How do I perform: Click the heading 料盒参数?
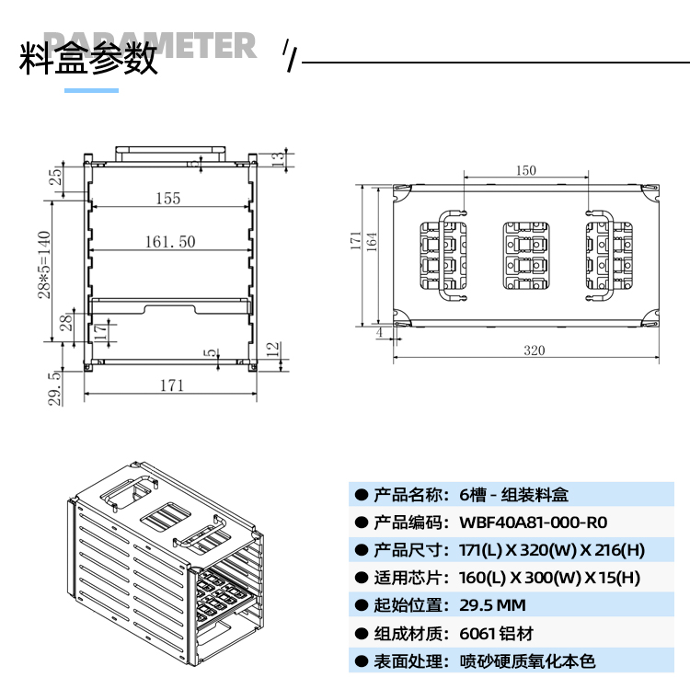(89, 59)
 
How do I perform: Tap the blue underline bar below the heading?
(91, 90)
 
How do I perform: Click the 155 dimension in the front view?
(167, 198)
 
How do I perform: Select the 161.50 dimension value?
(170, 242)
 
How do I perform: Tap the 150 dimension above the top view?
(525, 170)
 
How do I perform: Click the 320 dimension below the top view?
(534, 350)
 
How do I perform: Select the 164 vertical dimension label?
(372, 241)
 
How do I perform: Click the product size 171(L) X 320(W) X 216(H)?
(551, 550)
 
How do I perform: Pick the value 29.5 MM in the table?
(492, 605)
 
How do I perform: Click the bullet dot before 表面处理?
(361, 660)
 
